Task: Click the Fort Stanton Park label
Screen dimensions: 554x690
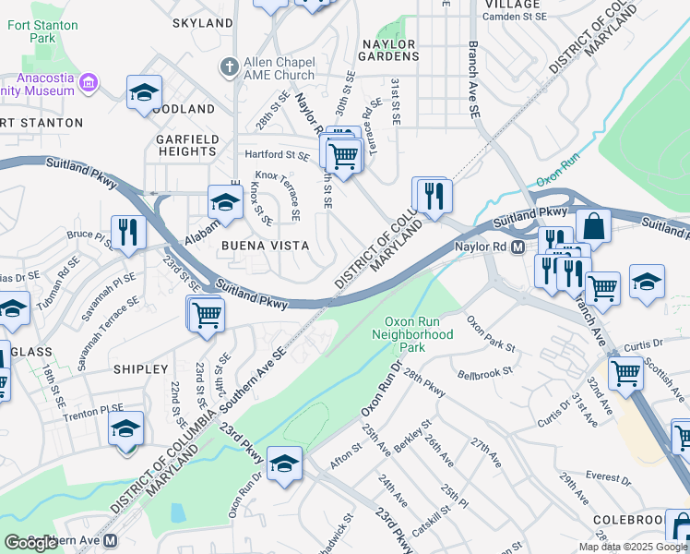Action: (x=42, y=32)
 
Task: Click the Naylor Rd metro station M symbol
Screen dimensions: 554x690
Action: (x=517, y=247)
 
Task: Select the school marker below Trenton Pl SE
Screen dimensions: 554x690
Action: (x=125, y=428)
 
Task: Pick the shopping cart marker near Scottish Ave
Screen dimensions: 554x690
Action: (x=626, y=374)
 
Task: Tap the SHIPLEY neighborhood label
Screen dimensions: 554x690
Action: (x=140, y=368)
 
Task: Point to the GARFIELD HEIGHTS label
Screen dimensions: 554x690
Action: (x=186, y=145)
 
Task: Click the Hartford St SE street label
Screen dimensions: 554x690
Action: (x=276, y=155)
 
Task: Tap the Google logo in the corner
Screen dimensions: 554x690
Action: (x=30, y=543)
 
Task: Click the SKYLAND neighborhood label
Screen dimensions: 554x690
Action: (x=203, y=22)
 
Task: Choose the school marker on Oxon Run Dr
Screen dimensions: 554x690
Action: (x=285, y=463)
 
